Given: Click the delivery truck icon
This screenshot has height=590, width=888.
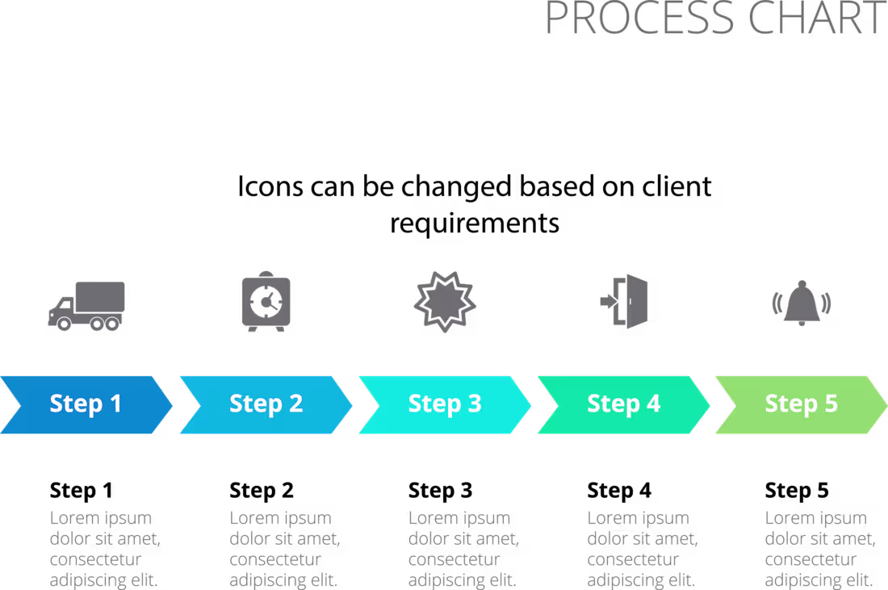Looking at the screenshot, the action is coord(86,306).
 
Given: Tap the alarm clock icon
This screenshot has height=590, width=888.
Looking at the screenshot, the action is coord(266,301).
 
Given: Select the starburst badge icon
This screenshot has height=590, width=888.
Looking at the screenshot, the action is coord(445,301).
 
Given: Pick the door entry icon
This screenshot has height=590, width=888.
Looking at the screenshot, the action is coord(625,301).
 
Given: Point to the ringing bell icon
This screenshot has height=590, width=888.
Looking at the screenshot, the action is coord(802,303).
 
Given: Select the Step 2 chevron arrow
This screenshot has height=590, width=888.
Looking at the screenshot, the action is coord(266,405).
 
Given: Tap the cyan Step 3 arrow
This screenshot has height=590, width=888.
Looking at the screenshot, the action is coord(445,405).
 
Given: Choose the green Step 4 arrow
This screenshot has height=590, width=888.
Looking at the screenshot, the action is coord(623,405).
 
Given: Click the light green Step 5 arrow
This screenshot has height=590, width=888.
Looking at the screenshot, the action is coord(802,405).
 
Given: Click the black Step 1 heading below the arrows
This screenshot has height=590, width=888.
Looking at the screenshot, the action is coord(81,491).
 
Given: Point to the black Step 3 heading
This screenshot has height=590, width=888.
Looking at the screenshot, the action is coord(440,491).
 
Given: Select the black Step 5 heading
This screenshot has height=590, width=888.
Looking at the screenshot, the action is coord(796,491).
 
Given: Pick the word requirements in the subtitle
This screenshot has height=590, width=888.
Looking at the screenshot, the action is coord(475,224).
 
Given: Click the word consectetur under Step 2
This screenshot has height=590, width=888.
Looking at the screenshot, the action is coord(275,559).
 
